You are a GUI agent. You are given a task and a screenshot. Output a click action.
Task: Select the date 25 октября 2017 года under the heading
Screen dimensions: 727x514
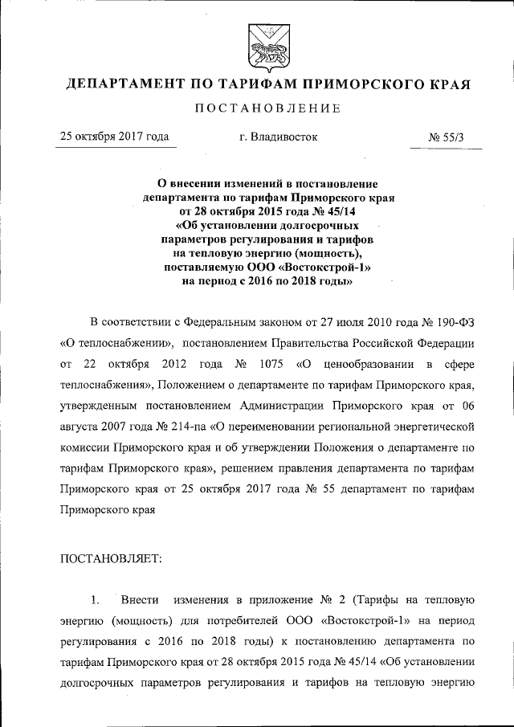115,137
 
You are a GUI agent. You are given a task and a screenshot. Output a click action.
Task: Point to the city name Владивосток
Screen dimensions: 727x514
285,137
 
